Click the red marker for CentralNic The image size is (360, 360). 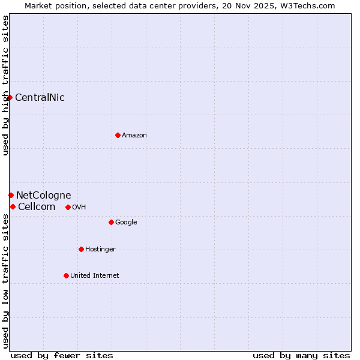[x=10, y=97]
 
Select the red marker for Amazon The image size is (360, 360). [x=118, y=135]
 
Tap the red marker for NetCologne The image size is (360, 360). [x=11, y=195]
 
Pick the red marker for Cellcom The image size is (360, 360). [x=13, y=206]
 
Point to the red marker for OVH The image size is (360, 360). [x=68, y=207]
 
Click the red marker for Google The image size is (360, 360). [x=111, y=222]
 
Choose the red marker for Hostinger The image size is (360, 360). [x=81, y=249]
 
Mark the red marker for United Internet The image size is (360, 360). [x=66, y=275]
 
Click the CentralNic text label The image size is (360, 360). [x=40, y=97]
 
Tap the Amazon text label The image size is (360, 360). [x=134, y=135]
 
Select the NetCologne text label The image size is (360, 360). [x=43, y=195]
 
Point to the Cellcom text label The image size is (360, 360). [x=37, y=206]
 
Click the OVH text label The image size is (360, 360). [x=79, y=207]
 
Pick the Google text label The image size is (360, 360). [x=126, y=222]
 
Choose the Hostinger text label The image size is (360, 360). [x=100, y=249]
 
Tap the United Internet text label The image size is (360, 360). [x=95, y=275]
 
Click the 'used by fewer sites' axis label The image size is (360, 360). [x=62, y=355]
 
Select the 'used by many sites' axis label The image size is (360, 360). [x=301, y=355]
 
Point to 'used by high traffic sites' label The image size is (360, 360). [x=5, y=85]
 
